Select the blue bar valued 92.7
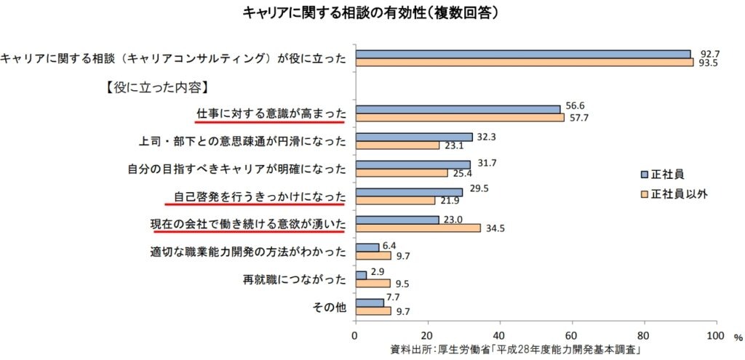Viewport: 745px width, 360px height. (522, 54)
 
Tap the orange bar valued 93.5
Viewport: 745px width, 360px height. (524, 63)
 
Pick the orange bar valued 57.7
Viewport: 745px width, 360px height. (459, 117)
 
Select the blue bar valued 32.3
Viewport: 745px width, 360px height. (413, 137)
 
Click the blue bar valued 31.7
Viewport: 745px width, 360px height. (412, 164)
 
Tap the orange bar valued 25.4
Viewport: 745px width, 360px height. (401, 173)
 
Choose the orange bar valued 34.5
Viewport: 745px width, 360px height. (417, 228)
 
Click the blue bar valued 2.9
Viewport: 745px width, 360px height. (360, 275)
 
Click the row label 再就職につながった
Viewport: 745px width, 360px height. (294, 279)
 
